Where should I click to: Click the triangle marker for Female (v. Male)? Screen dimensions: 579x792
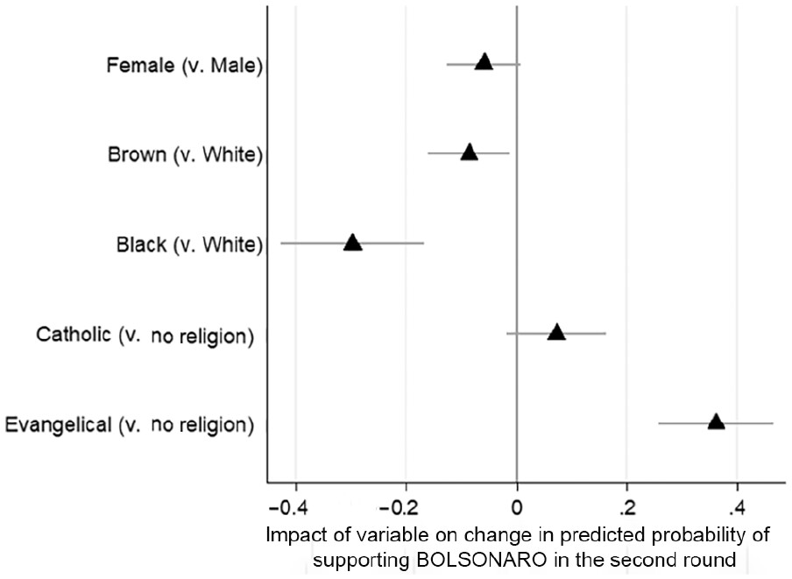(x=484, y=62)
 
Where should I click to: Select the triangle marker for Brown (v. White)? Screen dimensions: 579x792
(x=469, y=152)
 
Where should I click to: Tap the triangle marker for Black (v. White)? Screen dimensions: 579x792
(x=352, y=243)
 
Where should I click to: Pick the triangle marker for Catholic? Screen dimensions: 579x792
(x=556, y=332)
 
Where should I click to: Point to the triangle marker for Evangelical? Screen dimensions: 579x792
(x=716, y=422)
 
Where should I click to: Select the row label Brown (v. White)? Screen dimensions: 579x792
(x=185, y=155)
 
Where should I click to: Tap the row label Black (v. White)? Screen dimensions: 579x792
(x=189, y=244)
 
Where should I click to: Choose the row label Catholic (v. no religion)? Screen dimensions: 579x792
(x=145, y=335)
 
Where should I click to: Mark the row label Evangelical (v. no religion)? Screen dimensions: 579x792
(x=130, y=426)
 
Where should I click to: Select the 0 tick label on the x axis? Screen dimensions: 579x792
(x=517, y=509)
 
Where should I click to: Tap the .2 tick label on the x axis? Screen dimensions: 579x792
(x=626, y=509)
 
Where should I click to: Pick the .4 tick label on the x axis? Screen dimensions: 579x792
(x=737, y=509)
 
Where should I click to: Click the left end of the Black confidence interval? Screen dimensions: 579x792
(x=281, y=243)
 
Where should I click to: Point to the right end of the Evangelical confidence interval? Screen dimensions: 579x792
(x=773, y=423)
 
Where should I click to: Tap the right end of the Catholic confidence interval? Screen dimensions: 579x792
(x=605, y=333)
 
